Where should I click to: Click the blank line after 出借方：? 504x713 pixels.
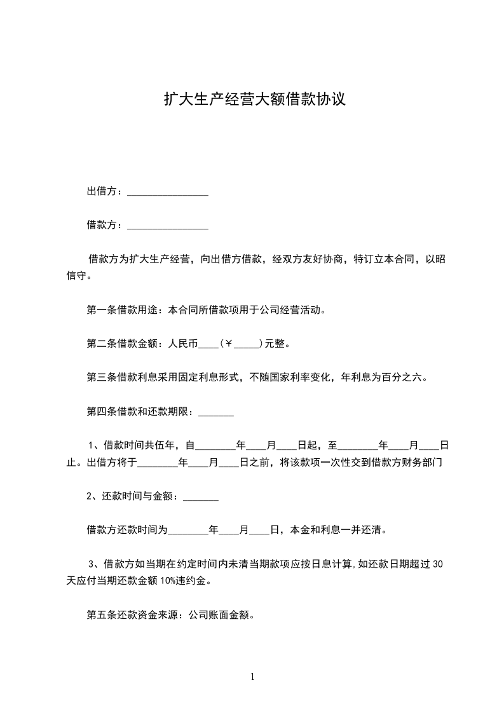pyautogui.click(x=168, y=191)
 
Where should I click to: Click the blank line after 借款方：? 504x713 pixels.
pyautogui.click(x=168, y=225)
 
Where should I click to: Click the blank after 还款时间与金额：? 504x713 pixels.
pyautogui.click(x=201, y=497)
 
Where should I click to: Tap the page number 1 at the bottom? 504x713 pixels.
pyautogui.click(x=252, y=677)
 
